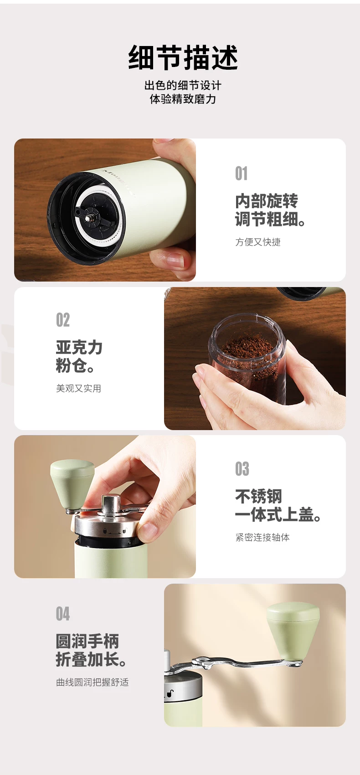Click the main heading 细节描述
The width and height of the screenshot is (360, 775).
pyautogui.click(x=183, y=57)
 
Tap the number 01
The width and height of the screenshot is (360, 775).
pyautogui.click(x=241, y=173)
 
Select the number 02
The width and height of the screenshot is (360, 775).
pyautogui.click(x=62, y=320)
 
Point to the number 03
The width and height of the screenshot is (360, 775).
pyautogui.click(x=242, y=469)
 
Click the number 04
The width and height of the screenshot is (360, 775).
pyautogui.click(x=62, y=614)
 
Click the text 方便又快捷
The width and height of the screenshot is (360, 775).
pyautogui.click(x=258, y=242)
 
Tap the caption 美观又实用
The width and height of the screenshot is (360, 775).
pyautogui.click(x=78, y=388)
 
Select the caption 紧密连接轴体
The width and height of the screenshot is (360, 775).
pyautogui.click(x=262, y=537)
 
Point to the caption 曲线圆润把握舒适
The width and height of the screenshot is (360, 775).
pyautogui.click(x=93, y=682)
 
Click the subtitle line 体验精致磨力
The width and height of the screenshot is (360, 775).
pyautogui.click(x=183, y=99)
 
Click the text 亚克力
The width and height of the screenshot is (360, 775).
pyautogui.click(x=79, y=347)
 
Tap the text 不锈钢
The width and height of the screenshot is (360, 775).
pyautogui.click(x=258, y=496)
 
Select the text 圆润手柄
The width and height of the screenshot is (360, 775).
pyautogui.click(x=87, y=641)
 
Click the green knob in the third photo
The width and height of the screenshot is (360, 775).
pyautogui.click(x=72, y=484)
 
